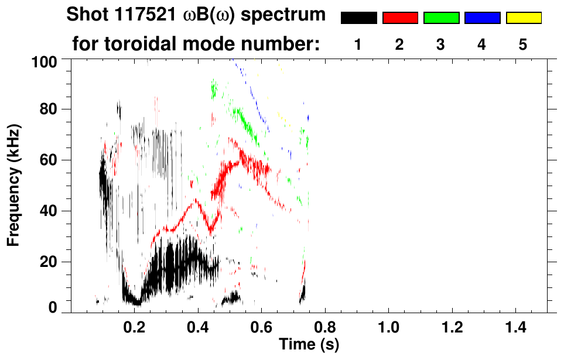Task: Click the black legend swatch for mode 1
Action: (358, 18)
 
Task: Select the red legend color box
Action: (400, 18)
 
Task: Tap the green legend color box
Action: (441, 18)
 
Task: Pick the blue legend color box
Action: (482, 18)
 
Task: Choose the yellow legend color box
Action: (523, 18)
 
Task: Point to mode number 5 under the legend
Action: (522, 44)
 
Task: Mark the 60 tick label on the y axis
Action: (54, 160)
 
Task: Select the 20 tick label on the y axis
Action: (54, 262)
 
